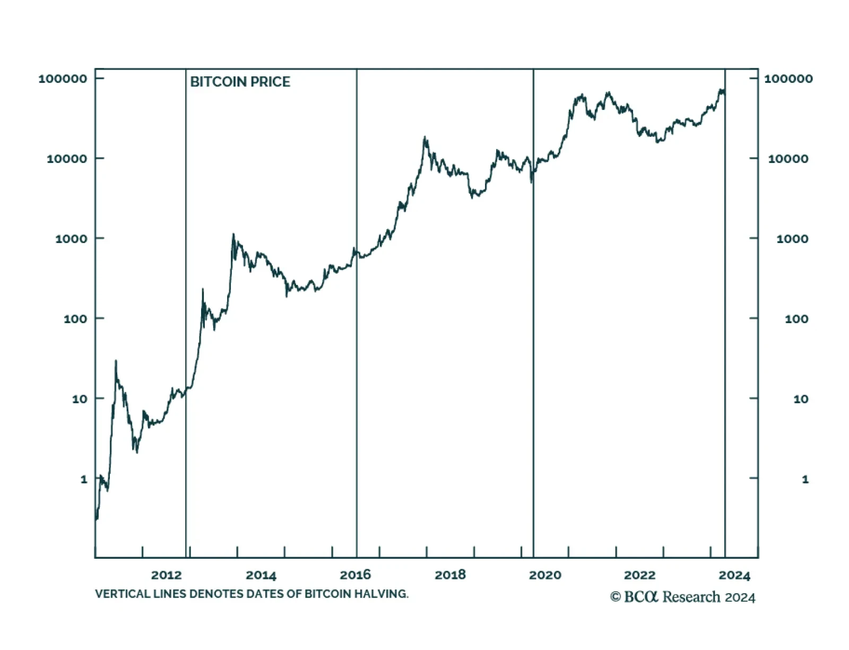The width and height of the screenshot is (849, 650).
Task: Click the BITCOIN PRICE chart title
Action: click(x=240, y=82)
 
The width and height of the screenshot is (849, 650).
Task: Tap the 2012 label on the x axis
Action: click(x=166, y=575)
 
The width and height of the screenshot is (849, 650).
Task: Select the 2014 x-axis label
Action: click(x=261, y=575)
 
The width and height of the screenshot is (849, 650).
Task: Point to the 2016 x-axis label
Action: click(x=356, y=575)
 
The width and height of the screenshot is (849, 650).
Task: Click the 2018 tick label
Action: click(x=450, y=575)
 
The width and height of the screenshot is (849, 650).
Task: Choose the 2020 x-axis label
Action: click(x=545, y=575)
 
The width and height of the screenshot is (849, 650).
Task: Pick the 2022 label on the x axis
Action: click(x=639, y=575)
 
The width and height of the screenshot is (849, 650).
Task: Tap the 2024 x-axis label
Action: click(x=734, y=575)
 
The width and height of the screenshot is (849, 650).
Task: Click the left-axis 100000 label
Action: click(x=63, y=79)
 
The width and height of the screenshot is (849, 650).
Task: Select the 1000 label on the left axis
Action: click(x=71, y=239)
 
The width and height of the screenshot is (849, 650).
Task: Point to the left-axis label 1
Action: click(x=84, y=479)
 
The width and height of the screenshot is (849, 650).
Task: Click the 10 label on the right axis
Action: click(x=801, y=399)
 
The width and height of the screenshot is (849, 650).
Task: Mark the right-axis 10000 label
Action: click(x=788, y=159)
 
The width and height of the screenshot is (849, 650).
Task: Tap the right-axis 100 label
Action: click(x=796, y=319)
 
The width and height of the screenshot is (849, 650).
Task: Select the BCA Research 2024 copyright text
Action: click(x=682, y=597)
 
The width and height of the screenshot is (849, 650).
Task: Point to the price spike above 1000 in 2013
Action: click(x=233, y=235)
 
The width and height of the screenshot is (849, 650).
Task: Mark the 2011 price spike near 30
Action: click(x=116, y=362)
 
